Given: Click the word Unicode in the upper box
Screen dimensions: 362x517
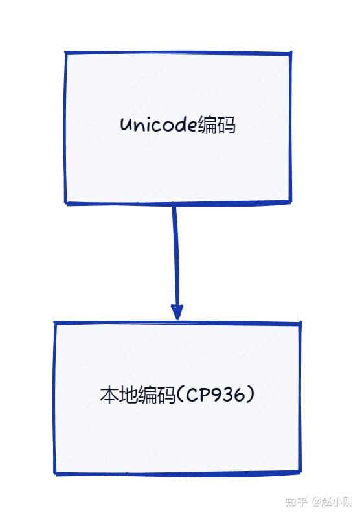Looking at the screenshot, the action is [x=159, y=124].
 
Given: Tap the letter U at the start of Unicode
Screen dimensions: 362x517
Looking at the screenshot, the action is [x=126, y=125].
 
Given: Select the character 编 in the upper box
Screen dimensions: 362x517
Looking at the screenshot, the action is [x=207, y=125].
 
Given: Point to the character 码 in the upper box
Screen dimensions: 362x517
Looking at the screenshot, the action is [x=226, y=125].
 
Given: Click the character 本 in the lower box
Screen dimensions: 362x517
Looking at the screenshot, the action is [x=109, y=395].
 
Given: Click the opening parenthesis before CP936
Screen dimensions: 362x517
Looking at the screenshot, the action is [x=180, y=395].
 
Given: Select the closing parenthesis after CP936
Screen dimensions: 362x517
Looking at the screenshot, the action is [x=251, y=395].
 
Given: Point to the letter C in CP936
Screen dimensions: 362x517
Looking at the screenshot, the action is [x=192, y=395].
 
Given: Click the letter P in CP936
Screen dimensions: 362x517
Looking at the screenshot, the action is [x=205, y=395].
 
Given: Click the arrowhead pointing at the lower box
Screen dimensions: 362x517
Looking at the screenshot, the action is [x=177, y=312].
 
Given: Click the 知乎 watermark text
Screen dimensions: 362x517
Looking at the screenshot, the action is [x=297, y=502].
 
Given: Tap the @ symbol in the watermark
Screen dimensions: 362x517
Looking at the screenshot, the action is [x=317, y=502].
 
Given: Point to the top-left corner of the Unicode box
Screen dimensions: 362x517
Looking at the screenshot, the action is [x=65, y=52].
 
